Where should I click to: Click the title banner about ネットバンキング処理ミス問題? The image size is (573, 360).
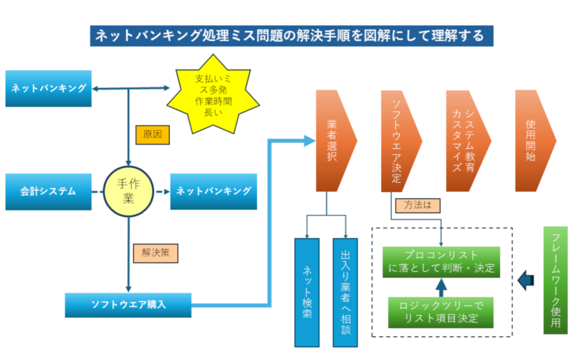(287, 34)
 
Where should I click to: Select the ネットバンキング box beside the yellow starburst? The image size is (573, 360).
(49, 88)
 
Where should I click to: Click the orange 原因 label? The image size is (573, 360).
(152, 135)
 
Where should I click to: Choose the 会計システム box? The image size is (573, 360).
(49, 191)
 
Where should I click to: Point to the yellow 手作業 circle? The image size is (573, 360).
(129, 191)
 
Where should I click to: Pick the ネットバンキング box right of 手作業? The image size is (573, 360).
(213, 191)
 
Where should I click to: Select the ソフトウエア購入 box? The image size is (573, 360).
(128, 304)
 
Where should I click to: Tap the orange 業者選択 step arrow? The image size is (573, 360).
(332, 141)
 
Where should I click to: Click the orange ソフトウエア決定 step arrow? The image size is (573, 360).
(398, 141)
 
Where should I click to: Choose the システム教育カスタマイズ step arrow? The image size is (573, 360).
(464, 141)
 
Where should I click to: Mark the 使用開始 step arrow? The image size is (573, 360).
(532, 141)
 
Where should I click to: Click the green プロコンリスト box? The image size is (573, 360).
(439, 262)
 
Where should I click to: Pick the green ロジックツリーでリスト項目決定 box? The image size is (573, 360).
(440, 311)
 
